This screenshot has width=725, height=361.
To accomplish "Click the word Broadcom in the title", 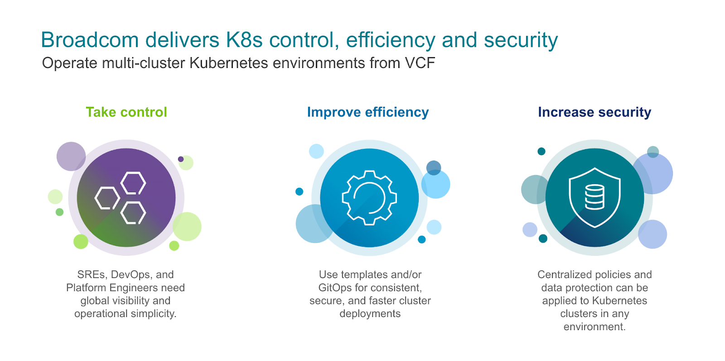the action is coord(90,40).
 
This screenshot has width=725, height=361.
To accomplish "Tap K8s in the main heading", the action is coord(244,40).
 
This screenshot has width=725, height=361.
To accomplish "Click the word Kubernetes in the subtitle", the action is coord(228,63).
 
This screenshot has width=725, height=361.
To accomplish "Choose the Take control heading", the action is coord(126,112).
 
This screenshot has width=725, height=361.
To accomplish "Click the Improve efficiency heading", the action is coord(368,112).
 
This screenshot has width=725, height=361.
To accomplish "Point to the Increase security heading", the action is coord(594,112).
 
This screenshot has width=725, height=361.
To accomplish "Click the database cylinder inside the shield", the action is coord(594,197).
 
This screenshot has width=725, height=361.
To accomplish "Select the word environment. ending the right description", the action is coord(594,327).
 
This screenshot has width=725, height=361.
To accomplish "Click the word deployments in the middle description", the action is coord(370,314).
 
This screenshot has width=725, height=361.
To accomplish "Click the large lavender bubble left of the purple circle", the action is coord(71,156).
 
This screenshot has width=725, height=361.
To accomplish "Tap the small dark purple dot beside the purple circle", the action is coord(181,159).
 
